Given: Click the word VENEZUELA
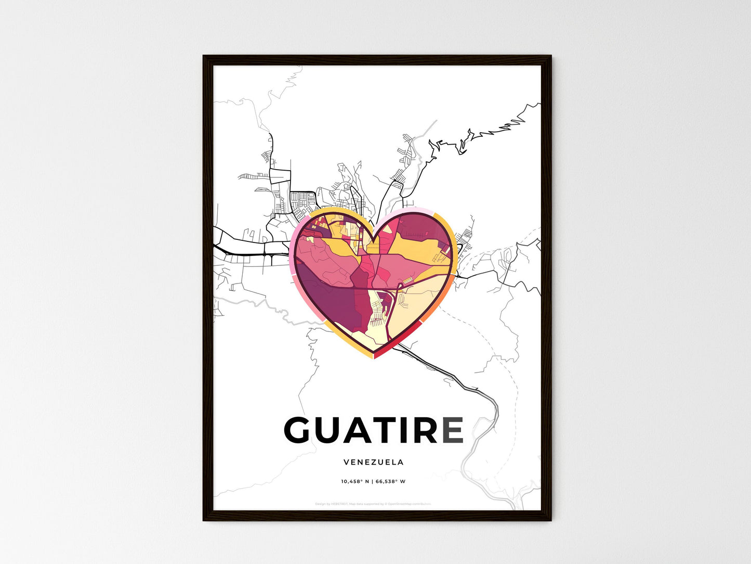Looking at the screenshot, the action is tap(373, 462).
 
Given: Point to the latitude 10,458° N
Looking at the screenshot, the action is tap(355, 481).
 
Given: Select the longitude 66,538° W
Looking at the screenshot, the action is tap(390, 481).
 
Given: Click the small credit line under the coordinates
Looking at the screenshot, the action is tap(373, 504).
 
